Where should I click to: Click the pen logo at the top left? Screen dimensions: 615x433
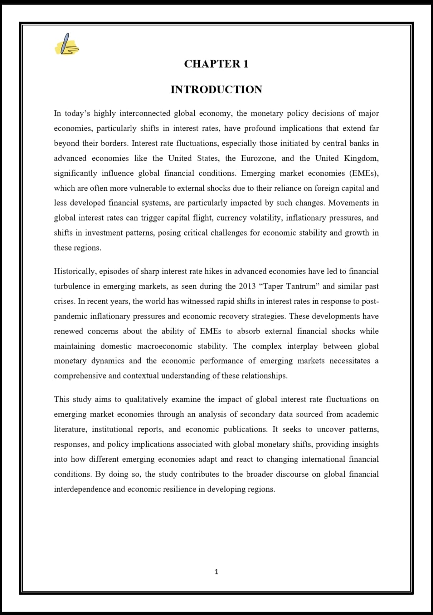[68, 44]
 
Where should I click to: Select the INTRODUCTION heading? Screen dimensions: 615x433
[216, 90]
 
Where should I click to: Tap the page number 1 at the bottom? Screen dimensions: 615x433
[216, 572]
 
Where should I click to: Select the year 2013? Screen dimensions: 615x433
[247, 286]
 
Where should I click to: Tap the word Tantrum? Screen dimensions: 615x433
[302, 286]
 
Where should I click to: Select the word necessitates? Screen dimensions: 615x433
[350, 361]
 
